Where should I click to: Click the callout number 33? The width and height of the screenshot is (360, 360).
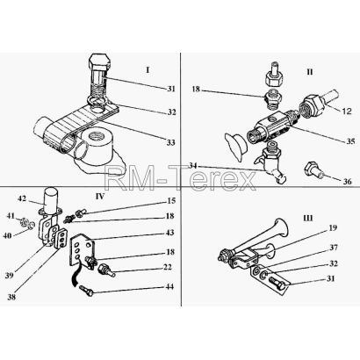(x=171, y=142)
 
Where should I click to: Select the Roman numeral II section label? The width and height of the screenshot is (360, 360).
(x=310, y=72)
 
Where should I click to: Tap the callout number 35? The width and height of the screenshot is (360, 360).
(x=350, y=141)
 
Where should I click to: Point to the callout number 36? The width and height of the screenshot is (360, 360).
(x=347, y=182)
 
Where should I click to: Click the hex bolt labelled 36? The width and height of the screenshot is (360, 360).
(x=313, y=170)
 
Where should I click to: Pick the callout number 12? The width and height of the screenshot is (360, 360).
(x=347, y=112)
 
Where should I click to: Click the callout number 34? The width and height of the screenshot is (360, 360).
(x=192, y=166)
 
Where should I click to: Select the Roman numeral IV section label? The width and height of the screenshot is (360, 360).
(x=100, y=196)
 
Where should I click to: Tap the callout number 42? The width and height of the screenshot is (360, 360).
(x=22, y=198)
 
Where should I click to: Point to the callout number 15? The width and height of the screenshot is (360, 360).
(x=170, y=201)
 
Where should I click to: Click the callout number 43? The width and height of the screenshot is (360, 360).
(x=169, y=233)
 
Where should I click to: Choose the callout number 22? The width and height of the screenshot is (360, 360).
(x=168, y=267)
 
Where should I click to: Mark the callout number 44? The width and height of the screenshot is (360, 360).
(x=169, y=286)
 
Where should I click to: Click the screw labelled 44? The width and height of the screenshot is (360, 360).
(x=86, y=291)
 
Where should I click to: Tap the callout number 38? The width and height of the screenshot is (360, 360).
(x=11, y=297)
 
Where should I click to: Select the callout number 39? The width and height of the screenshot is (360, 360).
(x=10, y=276)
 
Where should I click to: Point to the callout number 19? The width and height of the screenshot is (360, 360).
(x=333, y=227)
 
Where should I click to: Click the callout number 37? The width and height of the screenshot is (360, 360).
(x=334, y=248)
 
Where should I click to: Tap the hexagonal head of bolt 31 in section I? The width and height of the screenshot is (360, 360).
(x=99, y=61)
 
